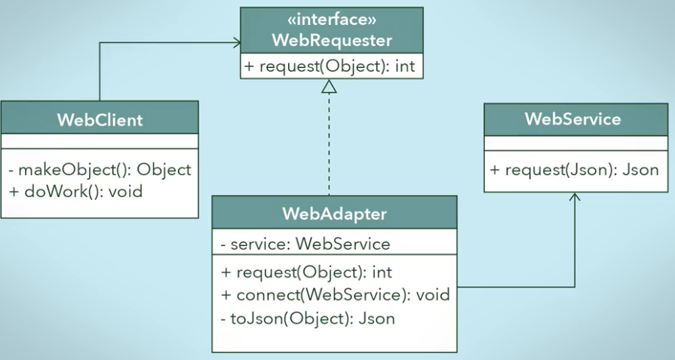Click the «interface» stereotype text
click(332, 20)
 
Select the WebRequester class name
click(332, 41)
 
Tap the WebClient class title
click(100, 120)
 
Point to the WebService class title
click(573, 118)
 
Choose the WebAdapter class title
click(335, 214)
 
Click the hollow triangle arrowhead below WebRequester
click(330, 86)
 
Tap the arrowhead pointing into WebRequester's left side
click(236, 42)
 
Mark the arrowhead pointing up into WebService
click(575, 196)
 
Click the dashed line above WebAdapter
click(330, 144)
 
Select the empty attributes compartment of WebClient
click(100, 141)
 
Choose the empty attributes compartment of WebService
click(576, 143)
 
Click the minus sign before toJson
click(223, 319)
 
